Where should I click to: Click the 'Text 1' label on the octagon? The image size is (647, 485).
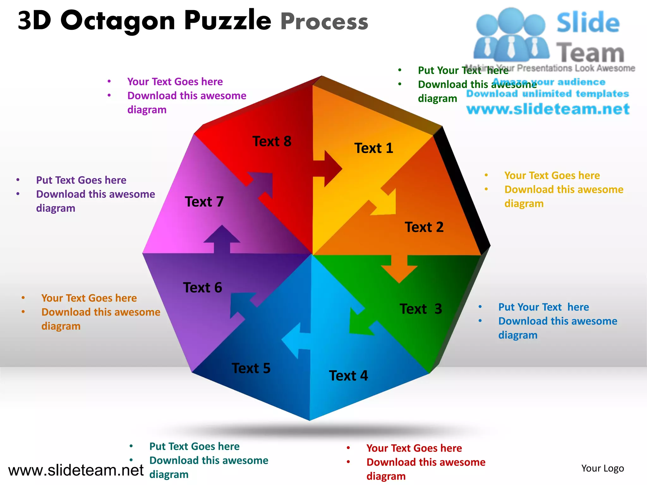(x=374, y=148)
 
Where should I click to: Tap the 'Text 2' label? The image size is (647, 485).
(x=424, y=227)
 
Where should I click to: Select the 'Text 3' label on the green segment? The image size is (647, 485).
(x=420, y=309)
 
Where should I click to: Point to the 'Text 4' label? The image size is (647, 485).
(x=348, y=376)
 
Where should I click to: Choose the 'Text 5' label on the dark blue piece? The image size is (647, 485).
(x=251, y=368)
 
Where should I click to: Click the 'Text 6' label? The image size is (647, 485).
(x=203, y=288)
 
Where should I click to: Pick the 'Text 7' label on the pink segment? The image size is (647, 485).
(x=204, y=202)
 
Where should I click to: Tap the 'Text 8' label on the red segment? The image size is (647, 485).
(x=272, y=141)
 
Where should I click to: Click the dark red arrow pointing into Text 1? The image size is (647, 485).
(x=329, y=169)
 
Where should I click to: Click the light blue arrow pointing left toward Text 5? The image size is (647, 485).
(x=295, y=341)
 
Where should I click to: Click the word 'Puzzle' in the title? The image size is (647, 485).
(x=227, y=20)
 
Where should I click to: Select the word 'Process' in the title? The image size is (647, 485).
(x=324, y=21)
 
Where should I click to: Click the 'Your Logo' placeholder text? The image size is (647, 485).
(x=602, y=468)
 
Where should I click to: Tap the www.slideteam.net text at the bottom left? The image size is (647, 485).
(x=76, y=470)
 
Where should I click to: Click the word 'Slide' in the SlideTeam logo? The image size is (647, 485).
(x=588, y=23)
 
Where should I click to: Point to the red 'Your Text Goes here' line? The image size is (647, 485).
(x=414, y=448)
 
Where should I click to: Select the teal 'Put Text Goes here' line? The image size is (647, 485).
(x=194, y=446)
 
